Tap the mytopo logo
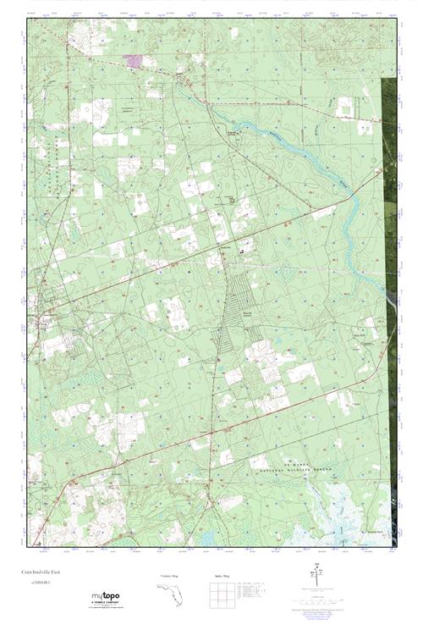point(105,597)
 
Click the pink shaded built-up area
point(133,60)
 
